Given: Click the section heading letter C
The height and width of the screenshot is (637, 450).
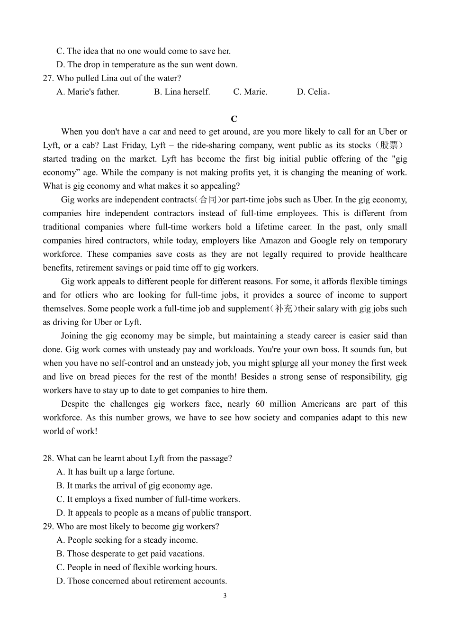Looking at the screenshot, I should pos(234,119).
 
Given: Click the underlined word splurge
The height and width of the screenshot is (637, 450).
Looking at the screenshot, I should pos(285,363).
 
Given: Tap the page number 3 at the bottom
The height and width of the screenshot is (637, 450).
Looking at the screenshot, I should pos(225,596).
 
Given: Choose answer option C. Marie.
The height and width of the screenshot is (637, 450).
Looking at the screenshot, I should pos(250,92).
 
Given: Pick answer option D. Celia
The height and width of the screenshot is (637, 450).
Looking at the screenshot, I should pos(313,92).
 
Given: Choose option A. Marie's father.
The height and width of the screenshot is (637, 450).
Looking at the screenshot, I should pos(88,92).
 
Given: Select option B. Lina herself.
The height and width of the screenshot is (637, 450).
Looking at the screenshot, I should pos(182,92).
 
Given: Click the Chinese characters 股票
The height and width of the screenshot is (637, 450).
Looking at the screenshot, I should pos(389,146).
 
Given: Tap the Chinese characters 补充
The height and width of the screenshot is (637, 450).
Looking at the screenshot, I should pos(284,309).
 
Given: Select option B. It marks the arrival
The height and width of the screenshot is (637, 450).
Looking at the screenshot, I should pos(134,485).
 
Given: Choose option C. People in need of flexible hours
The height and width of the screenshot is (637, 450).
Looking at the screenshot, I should pos(136,567).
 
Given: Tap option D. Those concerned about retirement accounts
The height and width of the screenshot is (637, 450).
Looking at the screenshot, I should pos(142,581).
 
